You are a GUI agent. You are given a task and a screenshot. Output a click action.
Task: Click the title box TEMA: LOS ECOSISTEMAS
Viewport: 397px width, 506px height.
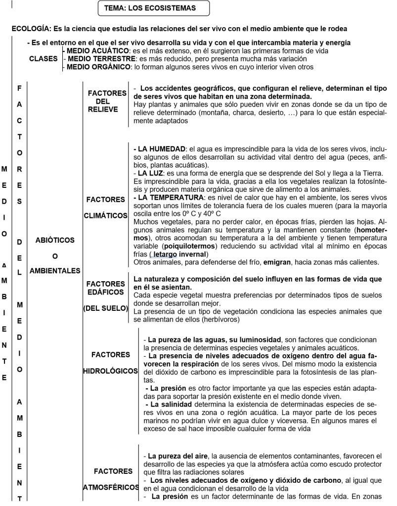(x=154, y=8)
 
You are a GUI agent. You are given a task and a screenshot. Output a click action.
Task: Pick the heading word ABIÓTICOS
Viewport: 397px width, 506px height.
(x=55, y=240)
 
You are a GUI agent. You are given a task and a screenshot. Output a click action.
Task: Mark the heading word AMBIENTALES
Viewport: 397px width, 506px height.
(x=55, y=270)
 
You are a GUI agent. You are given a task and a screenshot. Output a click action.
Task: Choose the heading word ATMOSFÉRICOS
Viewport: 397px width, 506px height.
(x=111, y=487)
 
